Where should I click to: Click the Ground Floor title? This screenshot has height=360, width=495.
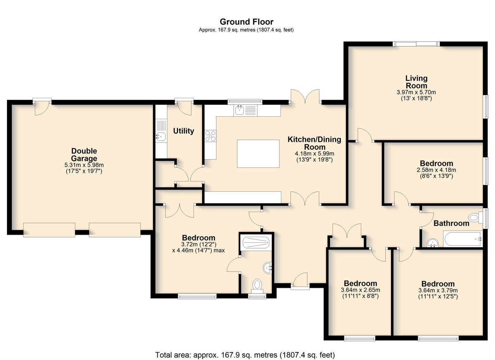[246, 22]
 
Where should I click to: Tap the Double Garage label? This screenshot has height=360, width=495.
[84, 155]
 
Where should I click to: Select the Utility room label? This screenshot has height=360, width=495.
[184, 131]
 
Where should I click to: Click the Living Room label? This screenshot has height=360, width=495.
[416, 82]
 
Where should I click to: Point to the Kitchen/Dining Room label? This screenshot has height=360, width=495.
[314, 143]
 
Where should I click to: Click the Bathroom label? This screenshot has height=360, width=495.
[451, 223]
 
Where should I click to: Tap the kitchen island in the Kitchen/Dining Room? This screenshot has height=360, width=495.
[258, 154]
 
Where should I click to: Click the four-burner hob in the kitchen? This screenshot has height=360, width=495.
[210, 136]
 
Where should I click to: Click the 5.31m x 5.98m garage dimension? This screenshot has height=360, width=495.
[84, 165]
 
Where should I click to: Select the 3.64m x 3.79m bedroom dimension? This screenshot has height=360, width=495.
[438, 290]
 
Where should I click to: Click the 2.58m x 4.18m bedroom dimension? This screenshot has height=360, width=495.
[436, 170]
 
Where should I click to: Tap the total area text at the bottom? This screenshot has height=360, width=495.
[245, 355]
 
